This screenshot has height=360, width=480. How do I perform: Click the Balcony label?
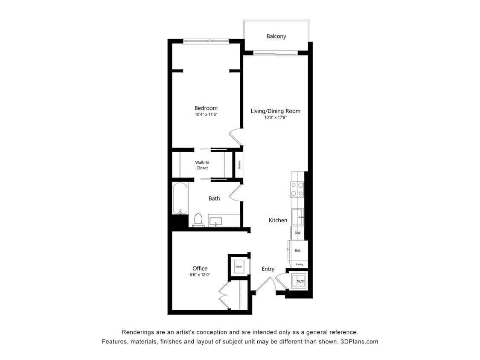point(276,36)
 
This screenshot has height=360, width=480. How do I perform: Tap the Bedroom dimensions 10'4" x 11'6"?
point(206,115)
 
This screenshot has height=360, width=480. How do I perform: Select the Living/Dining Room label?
point(275,111)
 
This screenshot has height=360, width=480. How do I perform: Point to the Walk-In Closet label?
point(202,165)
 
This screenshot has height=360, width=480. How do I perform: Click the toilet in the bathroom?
point(198,220)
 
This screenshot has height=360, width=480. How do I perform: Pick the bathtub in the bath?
point(180,198)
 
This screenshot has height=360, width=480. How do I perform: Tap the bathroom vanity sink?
point(217,221)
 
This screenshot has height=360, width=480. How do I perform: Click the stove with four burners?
point(297,189)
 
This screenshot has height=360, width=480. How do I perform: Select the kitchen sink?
point(297,217)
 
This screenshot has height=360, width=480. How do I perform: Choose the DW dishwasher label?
point(297,233)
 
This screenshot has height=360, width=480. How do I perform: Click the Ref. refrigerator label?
point(298,250)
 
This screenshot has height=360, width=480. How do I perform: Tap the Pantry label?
point(300,264)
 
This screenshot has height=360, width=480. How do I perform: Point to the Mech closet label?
point(239,267)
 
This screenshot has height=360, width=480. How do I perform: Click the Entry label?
point(268,269)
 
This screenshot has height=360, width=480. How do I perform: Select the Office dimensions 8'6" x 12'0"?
point(200,275)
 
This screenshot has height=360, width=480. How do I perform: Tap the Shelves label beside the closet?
point(240,165)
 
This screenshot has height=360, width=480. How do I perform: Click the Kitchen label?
point(278,220)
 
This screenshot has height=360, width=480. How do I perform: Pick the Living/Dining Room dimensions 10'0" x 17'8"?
point(275,117)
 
